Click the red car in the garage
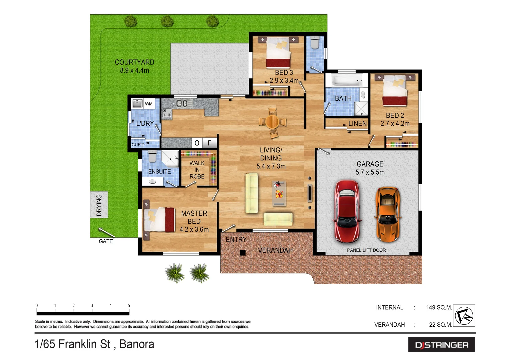347,211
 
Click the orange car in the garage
388,213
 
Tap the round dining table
272,122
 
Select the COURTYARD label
134,62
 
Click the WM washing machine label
149,104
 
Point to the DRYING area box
99,205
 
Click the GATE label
106,241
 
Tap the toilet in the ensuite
152,156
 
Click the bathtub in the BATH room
346,81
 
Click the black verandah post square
243,253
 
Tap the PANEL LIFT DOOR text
366,250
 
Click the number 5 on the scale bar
129,305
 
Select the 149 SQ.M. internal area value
439,307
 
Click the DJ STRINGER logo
441,345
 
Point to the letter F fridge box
210,143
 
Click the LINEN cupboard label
357,124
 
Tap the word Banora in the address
137,344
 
